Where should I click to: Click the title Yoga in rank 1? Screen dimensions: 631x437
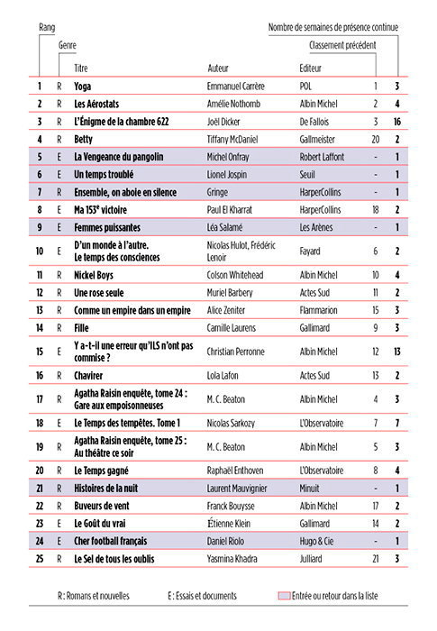click(x=84, y=87)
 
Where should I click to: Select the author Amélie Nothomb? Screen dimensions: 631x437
click(x=235, y=104)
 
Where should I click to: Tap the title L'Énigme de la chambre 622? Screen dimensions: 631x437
click(x=122, y=122)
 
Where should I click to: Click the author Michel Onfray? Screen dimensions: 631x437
click(x=232, y=157)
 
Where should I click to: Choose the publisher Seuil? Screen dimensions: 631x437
click(x=308, y=174)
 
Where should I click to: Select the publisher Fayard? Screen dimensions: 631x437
click(x=311, y=251)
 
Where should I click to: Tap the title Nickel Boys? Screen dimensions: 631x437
click(x=96, y=274)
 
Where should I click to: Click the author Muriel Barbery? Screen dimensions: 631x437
click(x=232, y=292)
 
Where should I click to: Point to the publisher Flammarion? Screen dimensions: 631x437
click(x=319, y=310)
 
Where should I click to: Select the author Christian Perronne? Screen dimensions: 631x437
click(x=238, y=352)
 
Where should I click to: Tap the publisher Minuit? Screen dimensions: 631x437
click(x=311, y=488)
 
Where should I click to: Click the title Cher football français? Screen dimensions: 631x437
click(x=111, y=541)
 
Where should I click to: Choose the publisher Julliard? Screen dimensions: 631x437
click(x=313, y=559)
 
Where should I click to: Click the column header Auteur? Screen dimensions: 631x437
click(x=219, y=69)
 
